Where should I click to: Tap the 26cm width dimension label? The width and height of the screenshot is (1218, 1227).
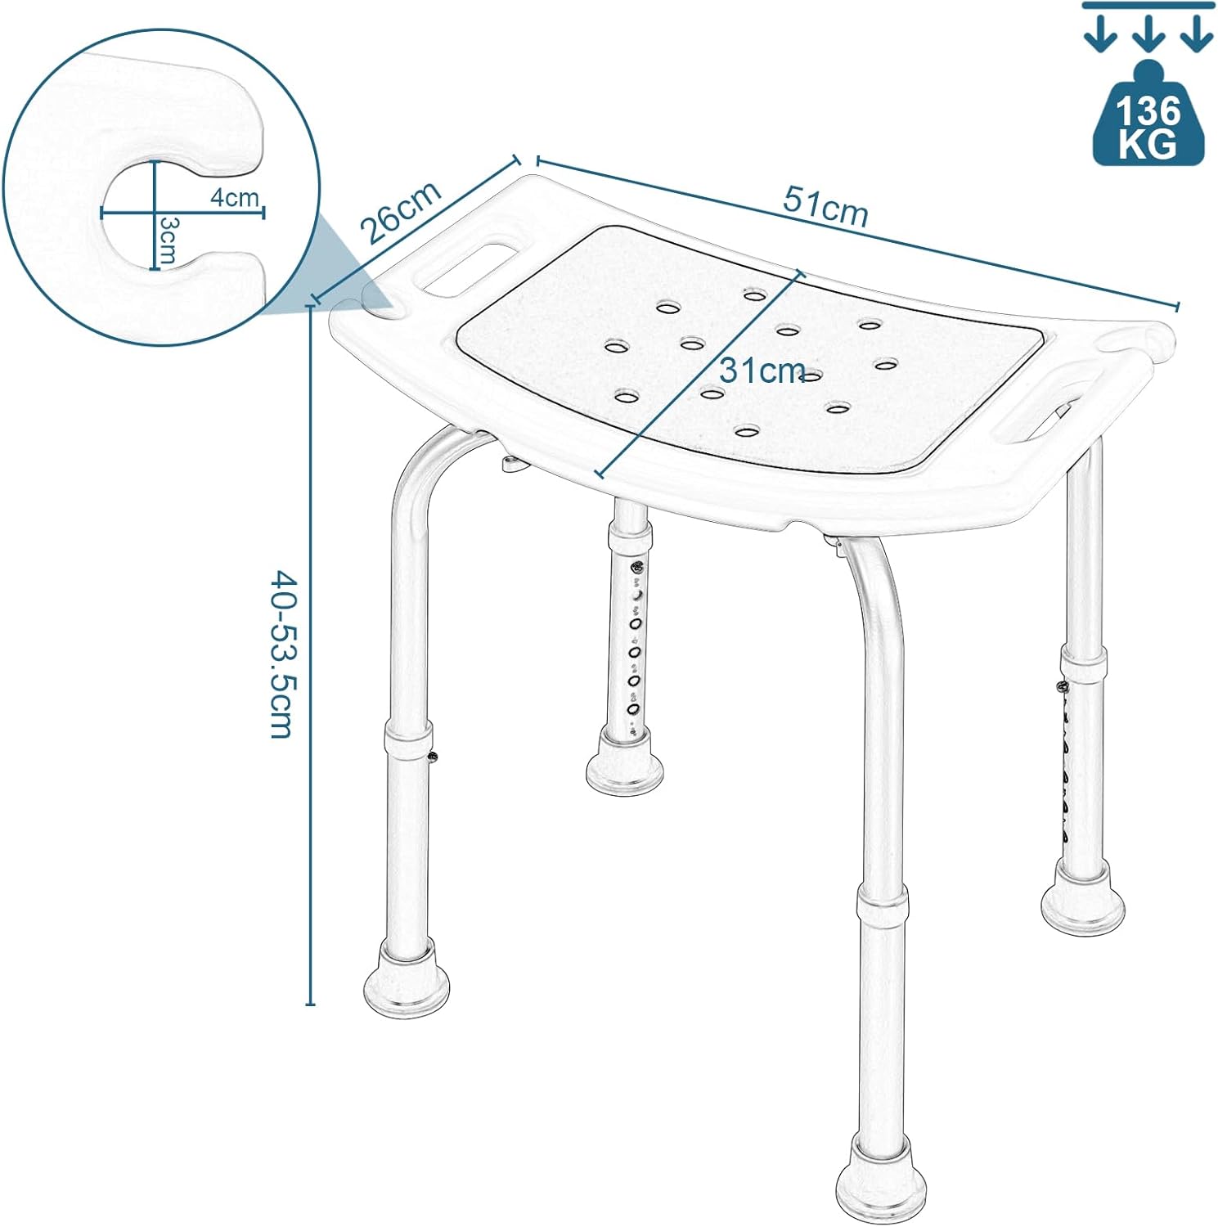tap(402, 211)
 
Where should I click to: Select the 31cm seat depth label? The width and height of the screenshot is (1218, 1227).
tap(762, 371)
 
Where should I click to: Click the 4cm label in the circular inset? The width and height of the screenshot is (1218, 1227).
tap(234, 197)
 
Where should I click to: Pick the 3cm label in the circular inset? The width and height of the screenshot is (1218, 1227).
tap(168, 240)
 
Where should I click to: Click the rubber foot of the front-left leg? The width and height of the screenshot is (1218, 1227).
tap(406, 978)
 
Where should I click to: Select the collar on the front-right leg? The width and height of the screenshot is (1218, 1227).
tap(882, 908)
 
